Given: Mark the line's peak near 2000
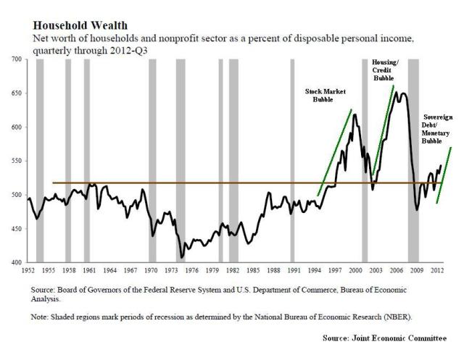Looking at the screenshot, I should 355,114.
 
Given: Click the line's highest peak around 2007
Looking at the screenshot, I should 400,93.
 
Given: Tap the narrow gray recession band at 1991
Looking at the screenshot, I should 291,159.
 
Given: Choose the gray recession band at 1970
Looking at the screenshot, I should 152,159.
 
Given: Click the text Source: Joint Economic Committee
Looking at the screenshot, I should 385,338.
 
